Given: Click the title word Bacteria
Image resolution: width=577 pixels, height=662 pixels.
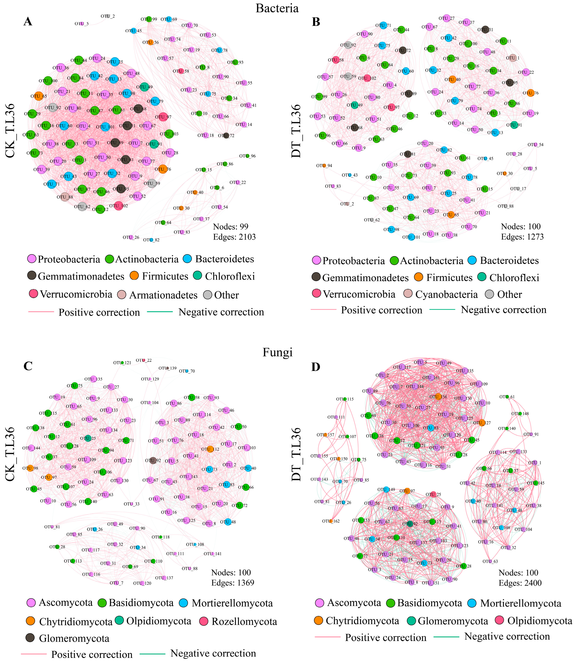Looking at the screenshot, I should point(277,8).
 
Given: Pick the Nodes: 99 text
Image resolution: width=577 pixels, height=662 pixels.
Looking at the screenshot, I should point(231,227).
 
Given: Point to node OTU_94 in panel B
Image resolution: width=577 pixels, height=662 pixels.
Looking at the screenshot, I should point(324,165).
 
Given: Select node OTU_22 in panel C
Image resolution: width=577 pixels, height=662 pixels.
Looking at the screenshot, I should point(144,360).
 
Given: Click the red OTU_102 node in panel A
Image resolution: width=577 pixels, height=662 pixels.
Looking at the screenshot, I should point(119,206).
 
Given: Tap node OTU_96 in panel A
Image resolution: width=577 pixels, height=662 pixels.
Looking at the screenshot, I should point(247,156).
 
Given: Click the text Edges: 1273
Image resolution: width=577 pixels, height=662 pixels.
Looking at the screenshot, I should point(522,237).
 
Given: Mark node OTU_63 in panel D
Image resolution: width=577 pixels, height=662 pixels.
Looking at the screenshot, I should point(490,561).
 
